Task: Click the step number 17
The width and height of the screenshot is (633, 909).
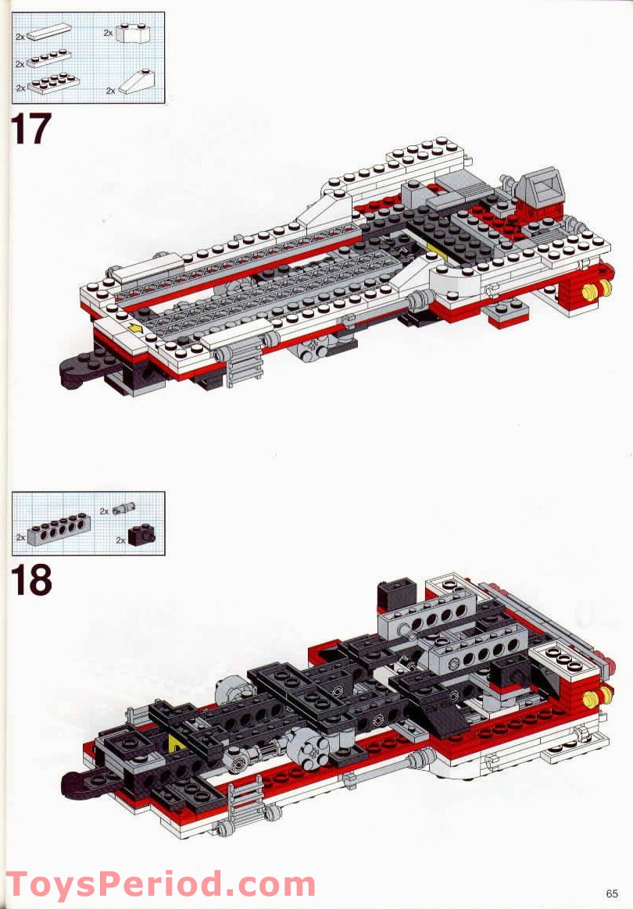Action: pos(31,129)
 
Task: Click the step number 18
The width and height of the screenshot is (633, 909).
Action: pos(31,580)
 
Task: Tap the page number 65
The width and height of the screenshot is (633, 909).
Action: pos(610,893)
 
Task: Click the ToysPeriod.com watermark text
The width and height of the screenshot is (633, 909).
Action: pos(160,885)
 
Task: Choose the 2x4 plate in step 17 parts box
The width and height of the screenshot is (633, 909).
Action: pos(53,84)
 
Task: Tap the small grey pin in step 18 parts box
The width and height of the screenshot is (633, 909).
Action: pos(122,510)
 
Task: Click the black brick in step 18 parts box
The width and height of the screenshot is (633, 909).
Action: pos(140,536)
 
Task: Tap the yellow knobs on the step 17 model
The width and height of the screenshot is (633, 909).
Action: pos(603,289)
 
